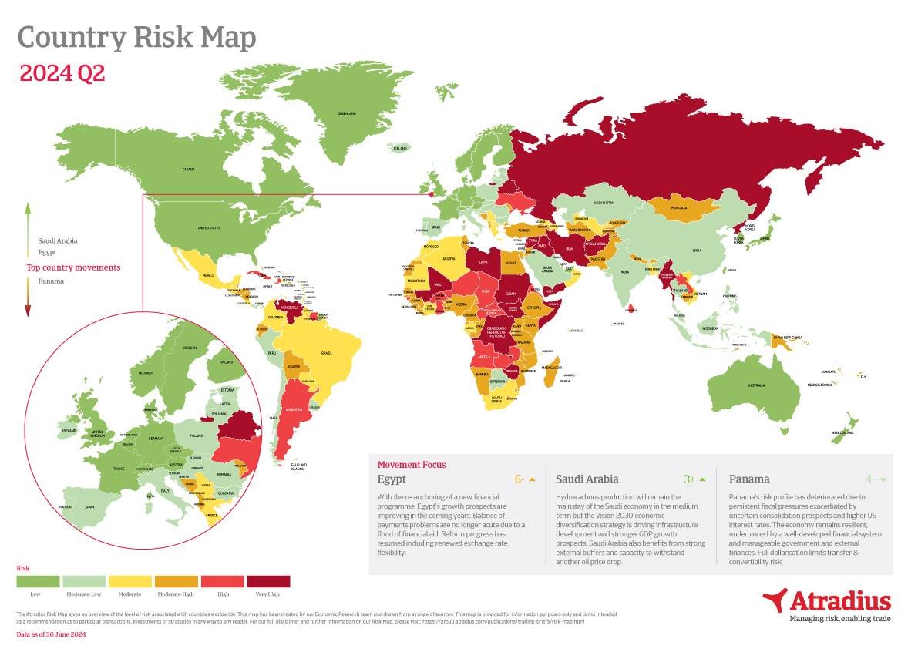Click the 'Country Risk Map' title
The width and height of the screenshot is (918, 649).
point(136,38)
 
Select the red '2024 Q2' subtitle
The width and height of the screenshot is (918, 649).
point(62,74)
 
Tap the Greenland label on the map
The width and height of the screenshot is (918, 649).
point(347,113)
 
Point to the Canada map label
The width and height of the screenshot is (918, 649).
point(188,169)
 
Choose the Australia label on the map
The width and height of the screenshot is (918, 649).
point(757,385)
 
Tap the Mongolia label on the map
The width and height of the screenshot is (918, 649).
point(679,208)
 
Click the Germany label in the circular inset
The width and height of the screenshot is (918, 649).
point(156,438)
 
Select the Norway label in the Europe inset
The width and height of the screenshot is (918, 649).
point(146,372)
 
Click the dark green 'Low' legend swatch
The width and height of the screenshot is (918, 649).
point(38,581)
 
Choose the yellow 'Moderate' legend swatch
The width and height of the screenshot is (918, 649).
point(130,581)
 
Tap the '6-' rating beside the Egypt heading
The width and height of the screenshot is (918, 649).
point(520,479)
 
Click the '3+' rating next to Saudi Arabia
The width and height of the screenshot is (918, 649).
point(690,479)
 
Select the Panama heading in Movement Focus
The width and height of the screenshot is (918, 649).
point(748,479)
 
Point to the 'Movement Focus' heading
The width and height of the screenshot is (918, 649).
point(411,465)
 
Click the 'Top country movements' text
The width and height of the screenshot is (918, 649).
point(73,268)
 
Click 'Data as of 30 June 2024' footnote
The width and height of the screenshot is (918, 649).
point(51,634)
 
